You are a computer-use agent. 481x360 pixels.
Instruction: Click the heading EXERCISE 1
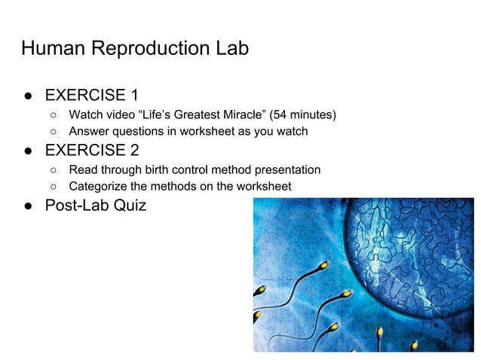tap(91, 96)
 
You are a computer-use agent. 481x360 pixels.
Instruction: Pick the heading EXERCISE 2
tap(91, 149)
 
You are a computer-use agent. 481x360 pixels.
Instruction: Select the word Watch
tap(86, 115)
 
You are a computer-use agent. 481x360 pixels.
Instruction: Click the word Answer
tap(90, 132)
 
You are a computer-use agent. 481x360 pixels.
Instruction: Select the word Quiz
tap(130, 205)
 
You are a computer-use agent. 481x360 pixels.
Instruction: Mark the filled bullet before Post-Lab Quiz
tap(27, 205)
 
